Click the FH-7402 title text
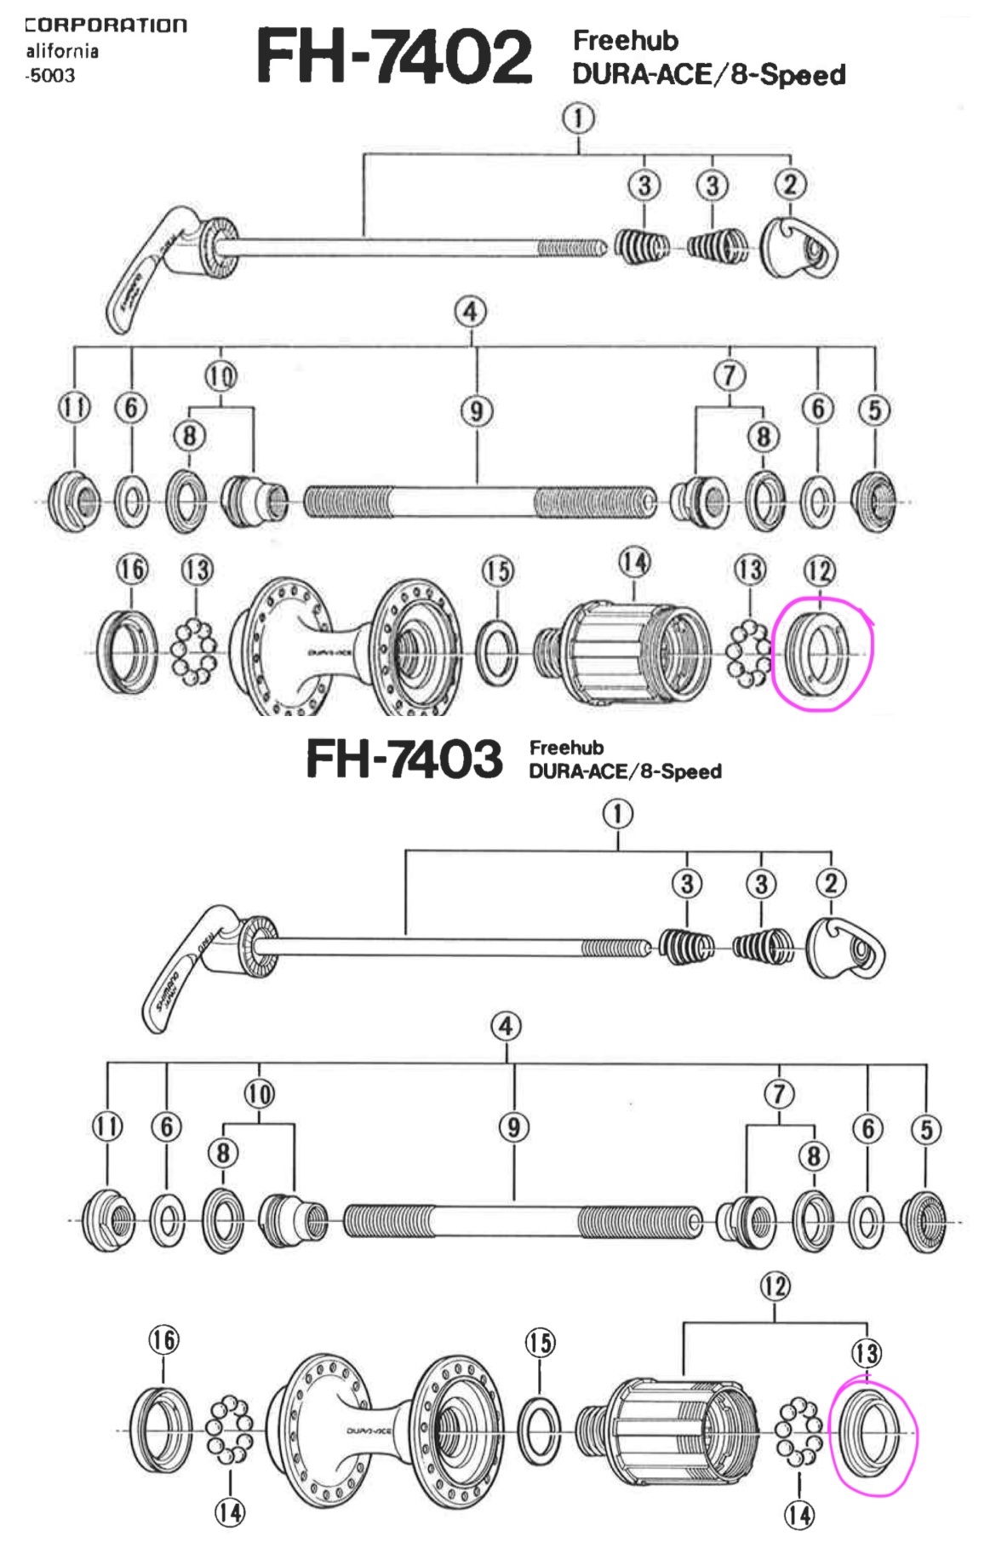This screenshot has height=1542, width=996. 394,56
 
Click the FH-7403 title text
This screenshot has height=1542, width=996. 404,759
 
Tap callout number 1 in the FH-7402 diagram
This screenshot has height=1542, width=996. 578,118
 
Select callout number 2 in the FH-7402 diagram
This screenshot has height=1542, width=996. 790,184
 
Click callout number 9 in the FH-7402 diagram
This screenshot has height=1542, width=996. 477,411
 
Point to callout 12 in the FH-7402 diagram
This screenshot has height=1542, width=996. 819,570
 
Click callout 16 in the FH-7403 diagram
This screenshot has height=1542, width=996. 164,1339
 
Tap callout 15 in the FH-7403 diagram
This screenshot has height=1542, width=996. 540,1343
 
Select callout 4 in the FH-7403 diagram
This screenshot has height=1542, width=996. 507,1025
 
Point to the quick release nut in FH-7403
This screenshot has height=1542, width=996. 844,947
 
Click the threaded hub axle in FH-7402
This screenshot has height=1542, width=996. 479,502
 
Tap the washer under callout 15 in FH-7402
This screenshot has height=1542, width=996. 498,653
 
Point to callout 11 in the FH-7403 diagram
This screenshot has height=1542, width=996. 107,1126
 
